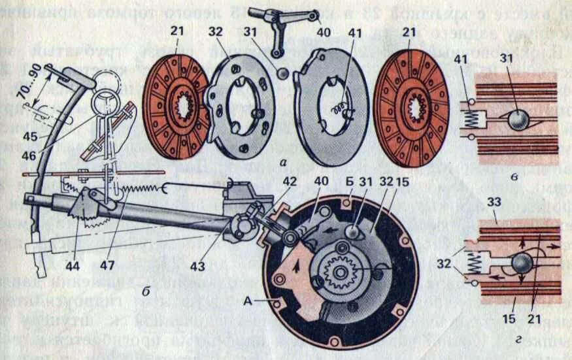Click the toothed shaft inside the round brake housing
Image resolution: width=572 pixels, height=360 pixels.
[x=341, y=271]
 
